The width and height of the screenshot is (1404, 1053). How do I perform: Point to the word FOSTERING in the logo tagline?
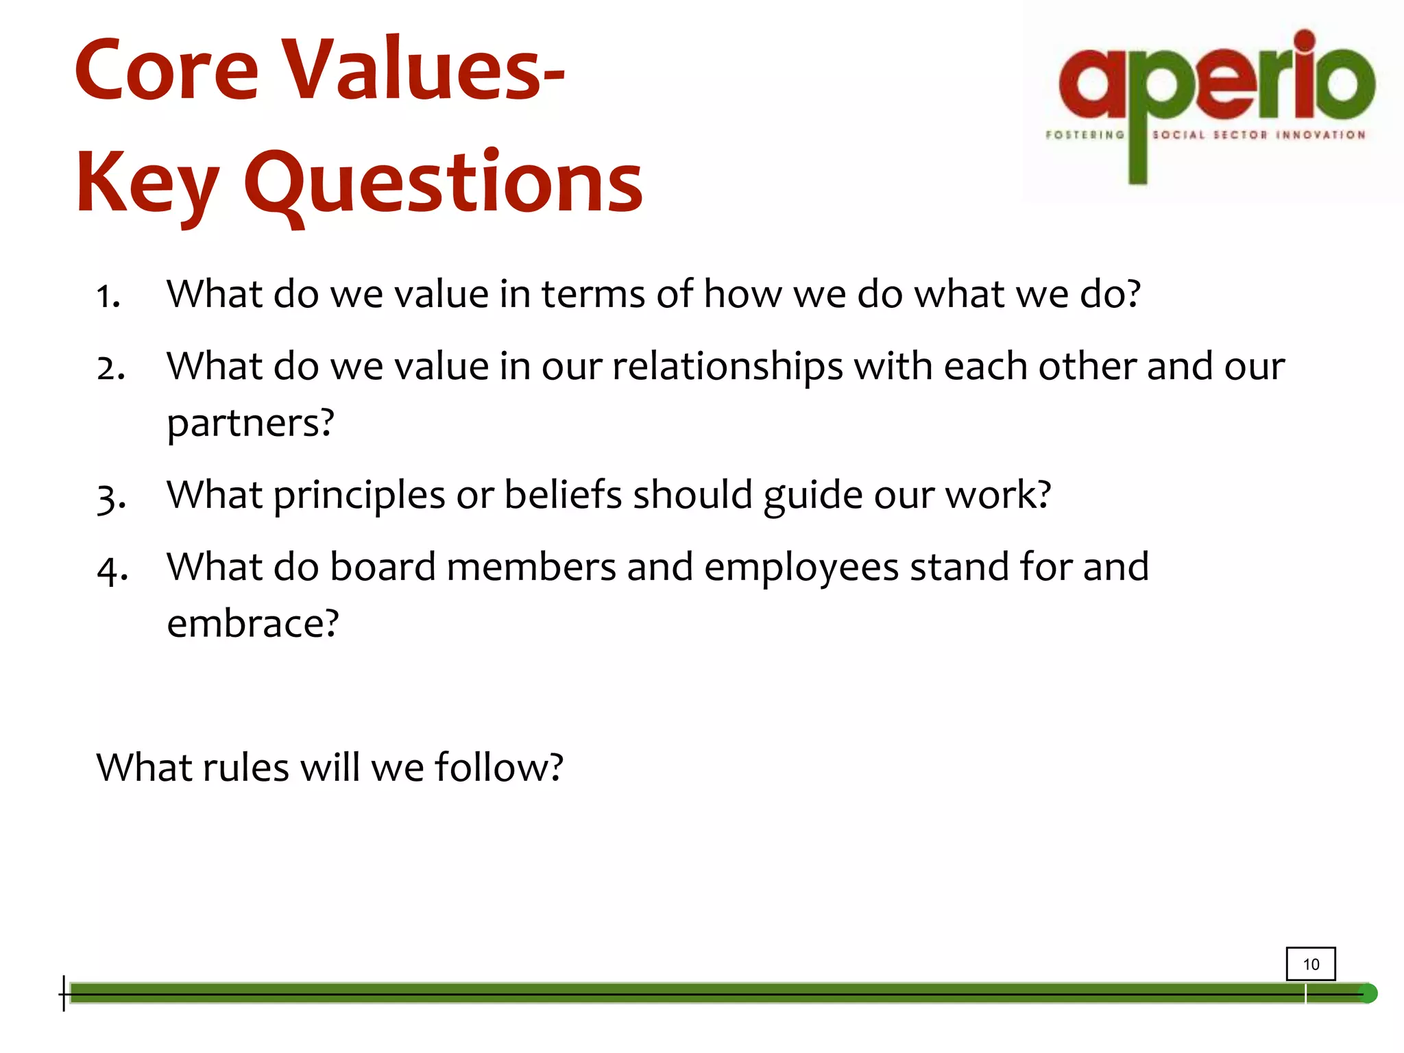[x=1085, y=135]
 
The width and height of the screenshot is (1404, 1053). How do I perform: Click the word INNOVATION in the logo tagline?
[x=1320, y=135]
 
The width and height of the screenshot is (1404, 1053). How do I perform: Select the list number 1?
[x=108, y=296]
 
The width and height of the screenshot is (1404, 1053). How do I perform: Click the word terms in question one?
[x=594, y=294]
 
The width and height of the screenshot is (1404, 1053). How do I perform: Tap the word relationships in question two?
[x=727, y=367]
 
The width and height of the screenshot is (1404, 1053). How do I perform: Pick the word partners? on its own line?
[x=251, y=423]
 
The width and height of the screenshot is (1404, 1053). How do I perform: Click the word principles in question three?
[x=359, y=496]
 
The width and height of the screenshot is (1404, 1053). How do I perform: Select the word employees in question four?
[x=801, y=568]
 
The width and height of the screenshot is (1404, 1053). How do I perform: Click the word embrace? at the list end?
[x=253, y=623]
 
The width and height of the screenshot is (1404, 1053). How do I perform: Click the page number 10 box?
[x=1310, y=964]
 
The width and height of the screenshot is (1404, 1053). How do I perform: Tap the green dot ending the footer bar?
[x=1368, y=993]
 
